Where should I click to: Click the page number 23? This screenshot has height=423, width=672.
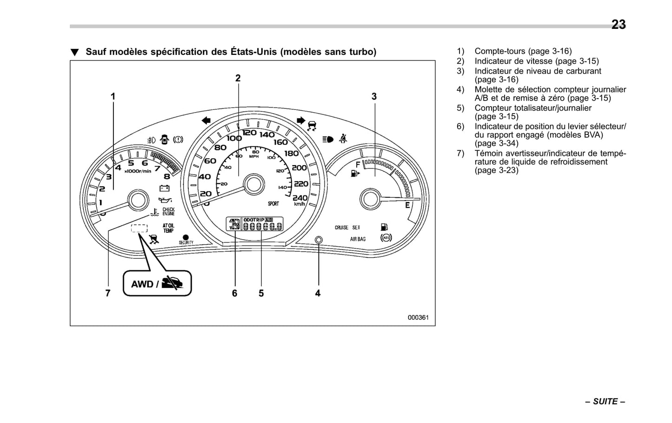(x=618, y=24)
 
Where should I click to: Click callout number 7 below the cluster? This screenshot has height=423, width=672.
(x=108, y=293)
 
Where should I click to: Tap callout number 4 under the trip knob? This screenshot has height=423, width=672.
(x=318, y=293)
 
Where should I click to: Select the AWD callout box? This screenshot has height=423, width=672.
(x=157, y=283)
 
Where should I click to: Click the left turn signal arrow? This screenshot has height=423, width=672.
(x=206, y=121)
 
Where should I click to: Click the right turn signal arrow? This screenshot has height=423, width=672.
(x=300, y=121)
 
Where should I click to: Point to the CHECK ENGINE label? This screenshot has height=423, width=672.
(x=168, y=212)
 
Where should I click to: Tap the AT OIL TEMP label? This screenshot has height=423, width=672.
(x=168, y=228)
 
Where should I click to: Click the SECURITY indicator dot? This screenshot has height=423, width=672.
(x=186, y=237)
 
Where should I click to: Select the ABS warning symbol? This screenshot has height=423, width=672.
(x=386, y=238)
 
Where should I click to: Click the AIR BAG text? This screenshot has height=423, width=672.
(x=358, y=239)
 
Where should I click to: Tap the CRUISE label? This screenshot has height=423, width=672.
(x=341, y=228)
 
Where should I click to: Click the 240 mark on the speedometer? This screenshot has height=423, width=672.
(x=300, y=198)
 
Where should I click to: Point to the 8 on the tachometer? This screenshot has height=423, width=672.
(x=166, y=176)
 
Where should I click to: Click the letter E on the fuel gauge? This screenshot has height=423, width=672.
(x=407, y=205)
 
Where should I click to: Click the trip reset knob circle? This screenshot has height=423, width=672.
(x=319, y=240)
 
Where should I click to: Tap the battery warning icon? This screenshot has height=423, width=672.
(x=164, y=188)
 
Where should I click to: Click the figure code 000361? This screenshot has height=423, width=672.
(x=418, y=317)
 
